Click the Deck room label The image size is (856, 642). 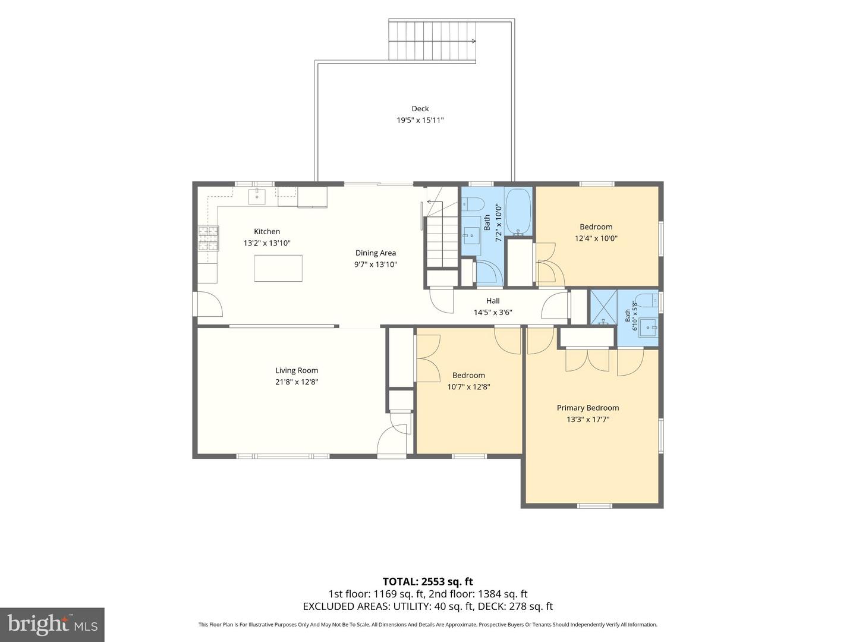[x=420, y=108]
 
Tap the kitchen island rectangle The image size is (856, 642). [x=278, y=267]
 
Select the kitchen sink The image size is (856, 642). [x=257, y=196]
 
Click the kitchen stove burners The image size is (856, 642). [x=208, y=238]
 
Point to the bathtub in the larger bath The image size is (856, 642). [x=518, y=212]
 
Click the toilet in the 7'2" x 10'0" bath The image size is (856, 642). [x=473, y=203]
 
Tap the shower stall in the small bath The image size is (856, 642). [x=603, y=307]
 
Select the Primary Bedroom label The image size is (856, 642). [x=588, y=408]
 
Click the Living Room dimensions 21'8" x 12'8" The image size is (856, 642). [x=297, y=382]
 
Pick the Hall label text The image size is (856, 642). [x=493, y=301]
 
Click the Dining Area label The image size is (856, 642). [x=376, y=253]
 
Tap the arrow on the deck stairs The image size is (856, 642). [x=432, y=41]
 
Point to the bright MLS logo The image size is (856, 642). [x=52, y=625]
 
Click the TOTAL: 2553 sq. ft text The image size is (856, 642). [x=428, y=581]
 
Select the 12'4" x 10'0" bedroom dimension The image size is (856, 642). [x=596, y=238]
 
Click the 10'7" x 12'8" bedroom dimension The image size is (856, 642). [x=468, y=386]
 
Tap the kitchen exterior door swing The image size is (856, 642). [x=210, y=304]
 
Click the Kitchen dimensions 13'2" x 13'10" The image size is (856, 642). [x=267, y=243]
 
